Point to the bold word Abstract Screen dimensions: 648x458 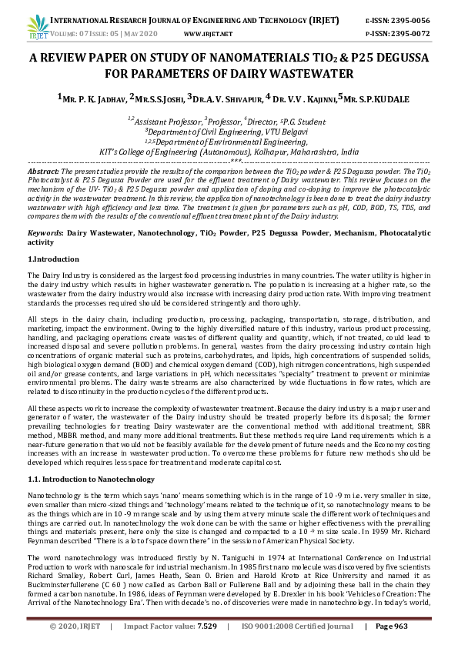pos(42,170)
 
